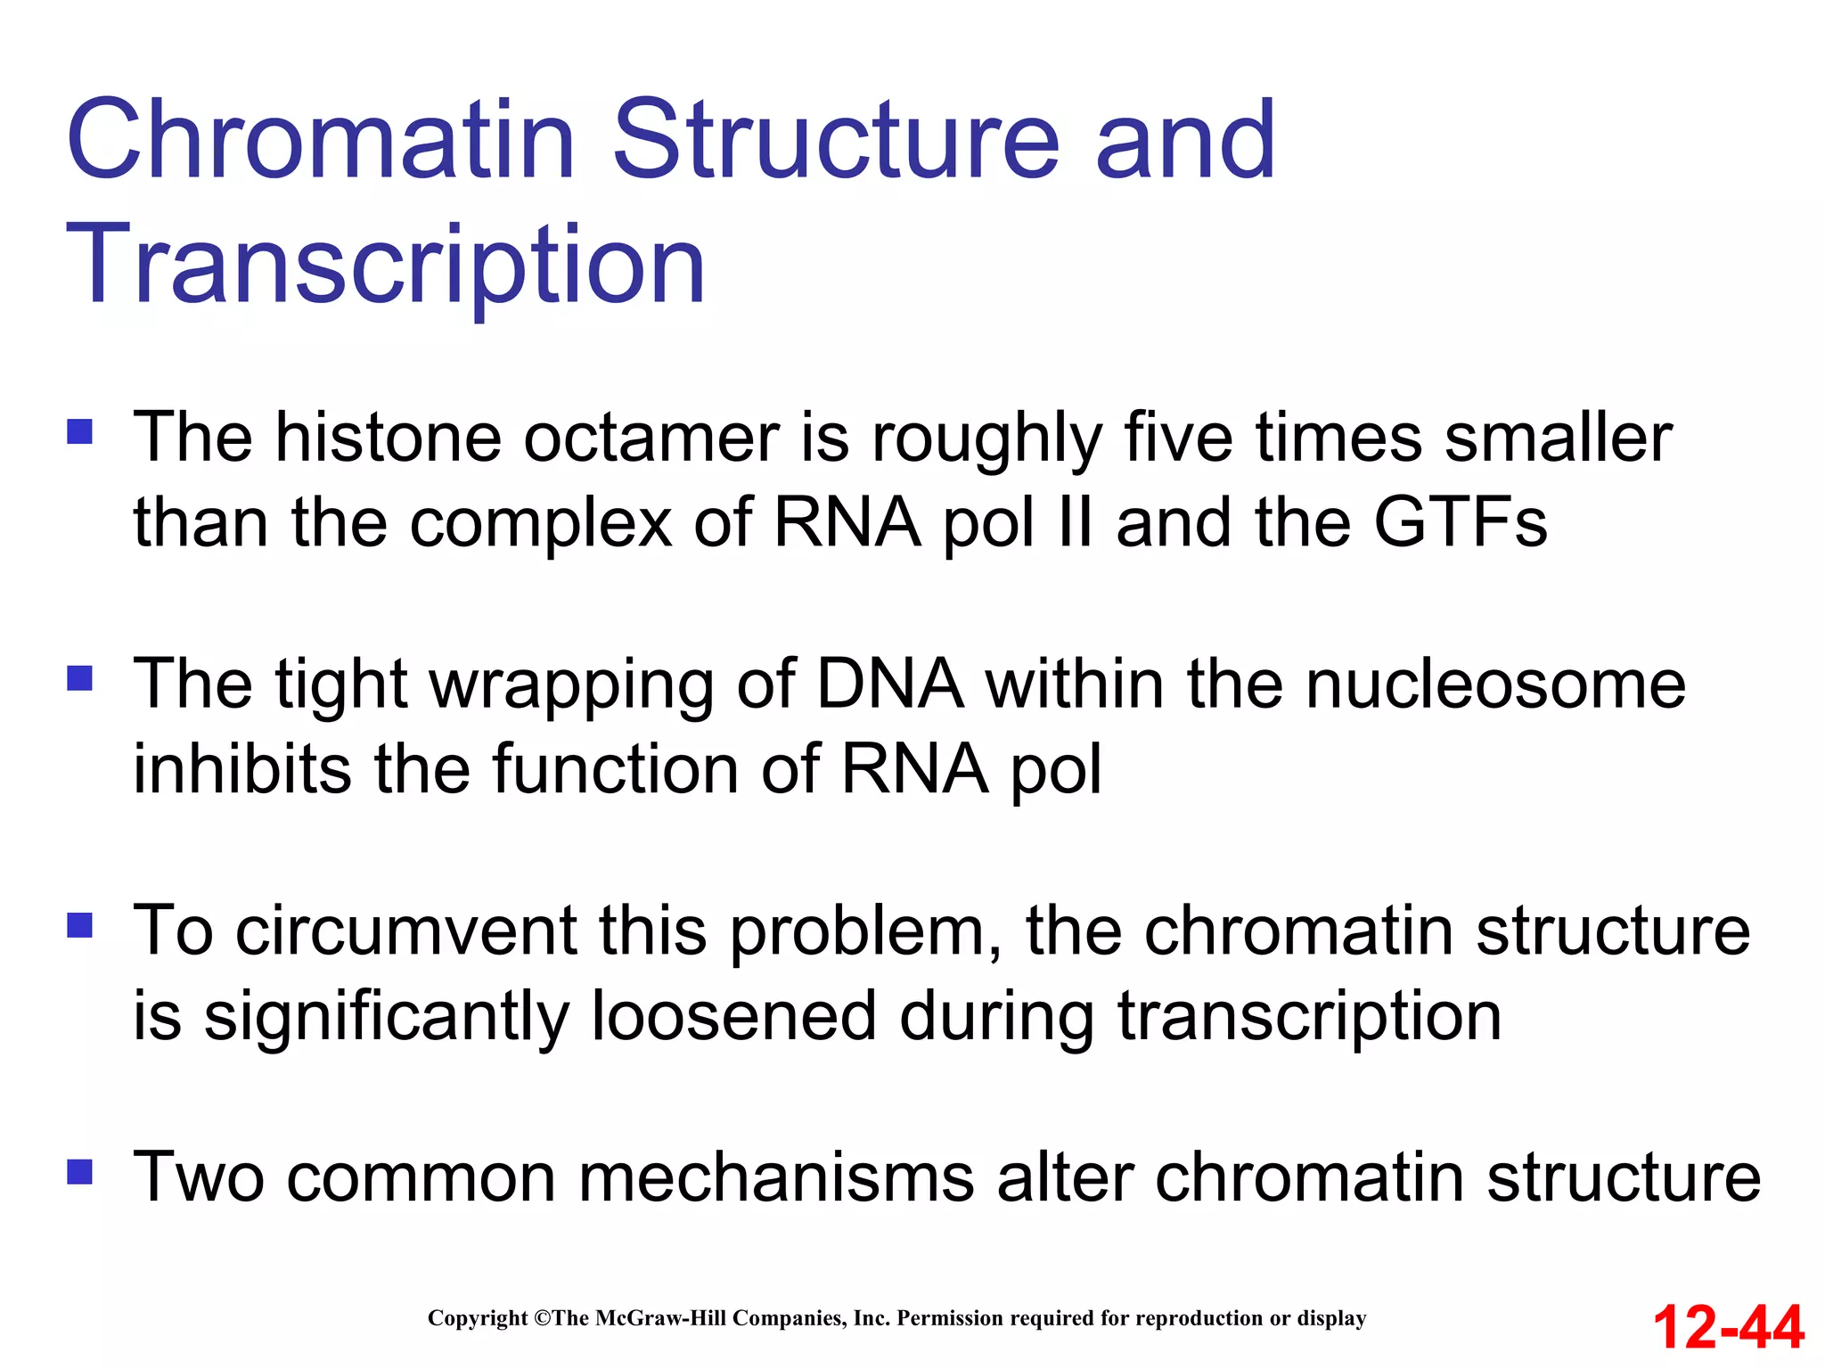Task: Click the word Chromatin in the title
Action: click(x=321, y=140)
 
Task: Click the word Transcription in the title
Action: click(x=386, y=266)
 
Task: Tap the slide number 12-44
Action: click(x=1728, y=1327)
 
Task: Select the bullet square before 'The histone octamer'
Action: click(x=80, y=432)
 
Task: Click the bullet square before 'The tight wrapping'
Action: click(x=80, y=679)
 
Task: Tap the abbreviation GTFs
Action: click(x=1461, y=522)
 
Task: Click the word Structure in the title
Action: click(x=837, y=140)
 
